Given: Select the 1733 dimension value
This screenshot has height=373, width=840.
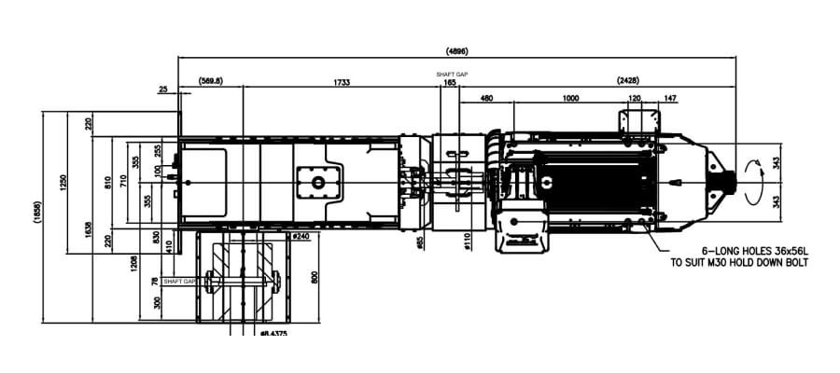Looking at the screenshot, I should (x=343, y=82).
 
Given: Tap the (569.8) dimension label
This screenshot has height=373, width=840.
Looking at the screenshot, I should (x=211, y=82).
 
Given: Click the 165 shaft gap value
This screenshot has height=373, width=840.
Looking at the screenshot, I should (x=450, y=83).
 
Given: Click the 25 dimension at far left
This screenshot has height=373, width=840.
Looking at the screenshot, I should (x=164, y=90).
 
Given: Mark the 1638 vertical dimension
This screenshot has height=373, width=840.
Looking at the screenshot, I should (x=88, y=225).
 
